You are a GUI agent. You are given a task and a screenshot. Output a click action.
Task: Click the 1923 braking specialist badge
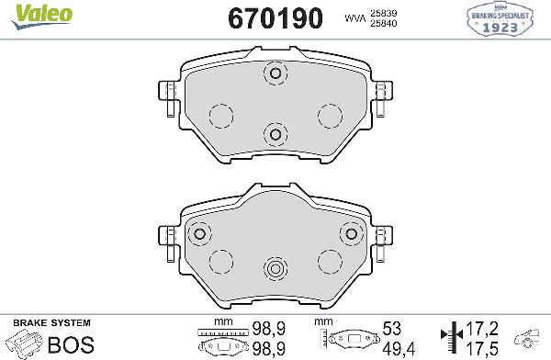click(505, 20)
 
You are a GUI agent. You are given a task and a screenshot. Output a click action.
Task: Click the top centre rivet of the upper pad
click(274, 73)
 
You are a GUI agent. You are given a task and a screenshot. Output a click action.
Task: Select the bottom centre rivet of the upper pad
click(274, 135)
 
